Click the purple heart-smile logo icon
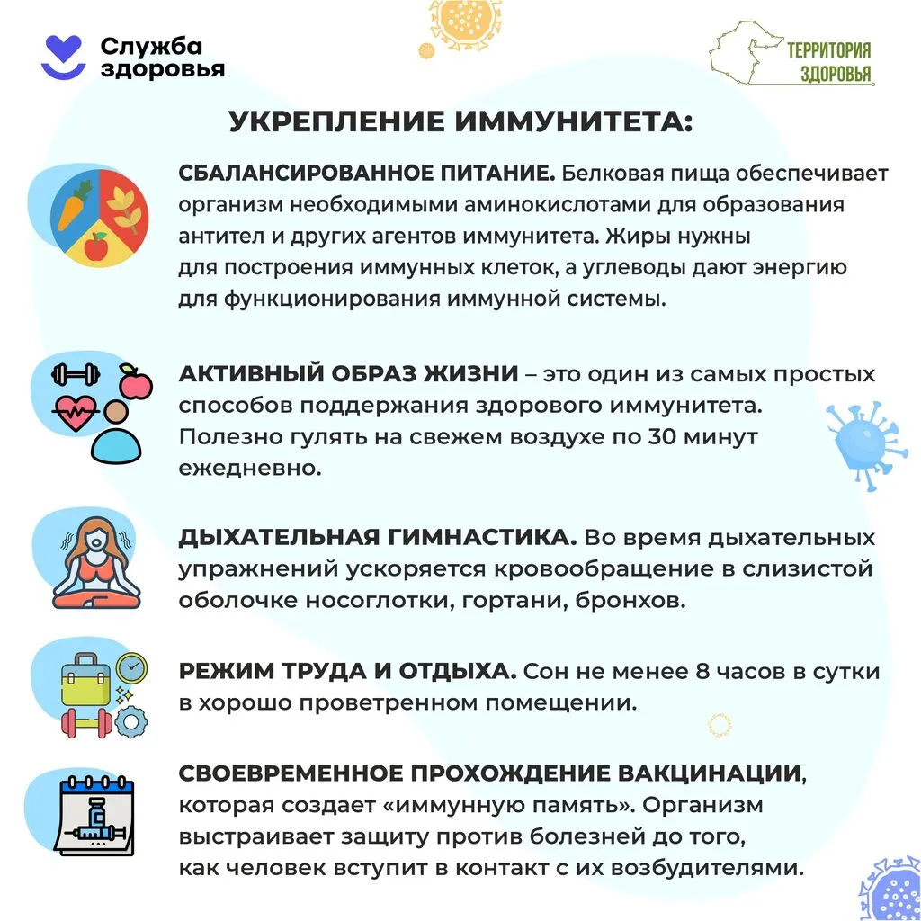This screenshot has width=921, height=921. pos(64,56)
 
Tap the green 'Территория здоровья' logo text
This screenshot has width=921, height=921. pos(828,61)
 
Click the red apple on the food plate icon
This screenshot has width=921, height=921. pos(96,244)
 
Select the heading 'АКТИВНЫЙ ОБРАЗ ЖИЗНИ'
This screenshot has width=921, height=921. pos(348,374)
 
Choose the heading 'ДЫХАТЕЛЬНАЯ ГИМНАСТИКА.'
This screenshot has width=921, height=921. pos(377,538)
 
